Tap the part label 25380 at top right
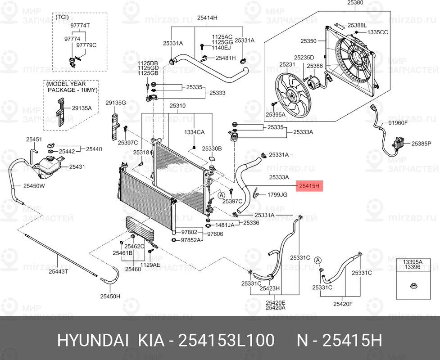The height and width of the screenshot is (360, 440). pyautogui.click(x=355, y=3)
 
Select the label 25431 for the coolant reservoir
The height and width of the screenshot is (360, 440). pyautogui.click(x=77, y=166)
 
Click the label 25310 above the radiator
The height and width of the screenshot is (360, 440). pyautogui.click(x=177, y=106)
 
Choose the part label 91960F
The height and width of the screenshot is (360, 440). pyautogui.click(x=398, y=122)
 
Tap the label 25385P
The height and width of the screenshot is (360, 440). pyautogui.click(x=422, y=144)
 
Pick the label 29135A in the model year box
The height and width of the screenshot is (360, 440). pyautogui.click(x=82, y=108)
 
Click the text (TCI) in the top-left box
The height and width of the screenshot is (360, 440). pyautogui.click(x=62, y=17)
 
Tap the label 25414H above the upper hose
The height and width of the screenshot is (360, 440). pyautogui.click(x=207, y=18)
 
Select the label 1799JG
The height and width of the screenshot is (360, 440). pyautogui.click(x=277, y=195)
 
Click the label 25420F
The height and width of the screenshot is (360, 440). pyautogui.click(x=342, y=304)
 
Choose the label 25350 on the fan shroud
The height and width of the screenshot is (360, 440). pyautogui.click(x=308, y=41)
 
